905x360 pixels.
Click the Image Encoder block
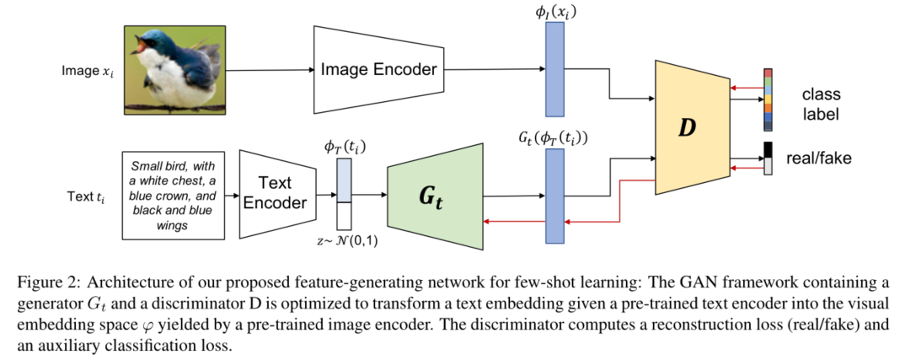[379, 69]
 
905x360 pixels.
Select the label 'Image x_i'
[87, 71]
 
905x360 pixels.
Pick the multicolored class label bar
[768, 99]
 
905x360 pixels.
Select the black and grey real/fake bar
[768, 159]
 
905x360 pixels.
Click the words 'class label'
[820, 102]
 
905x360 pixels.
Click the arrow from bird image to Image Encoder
[270, 69]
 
